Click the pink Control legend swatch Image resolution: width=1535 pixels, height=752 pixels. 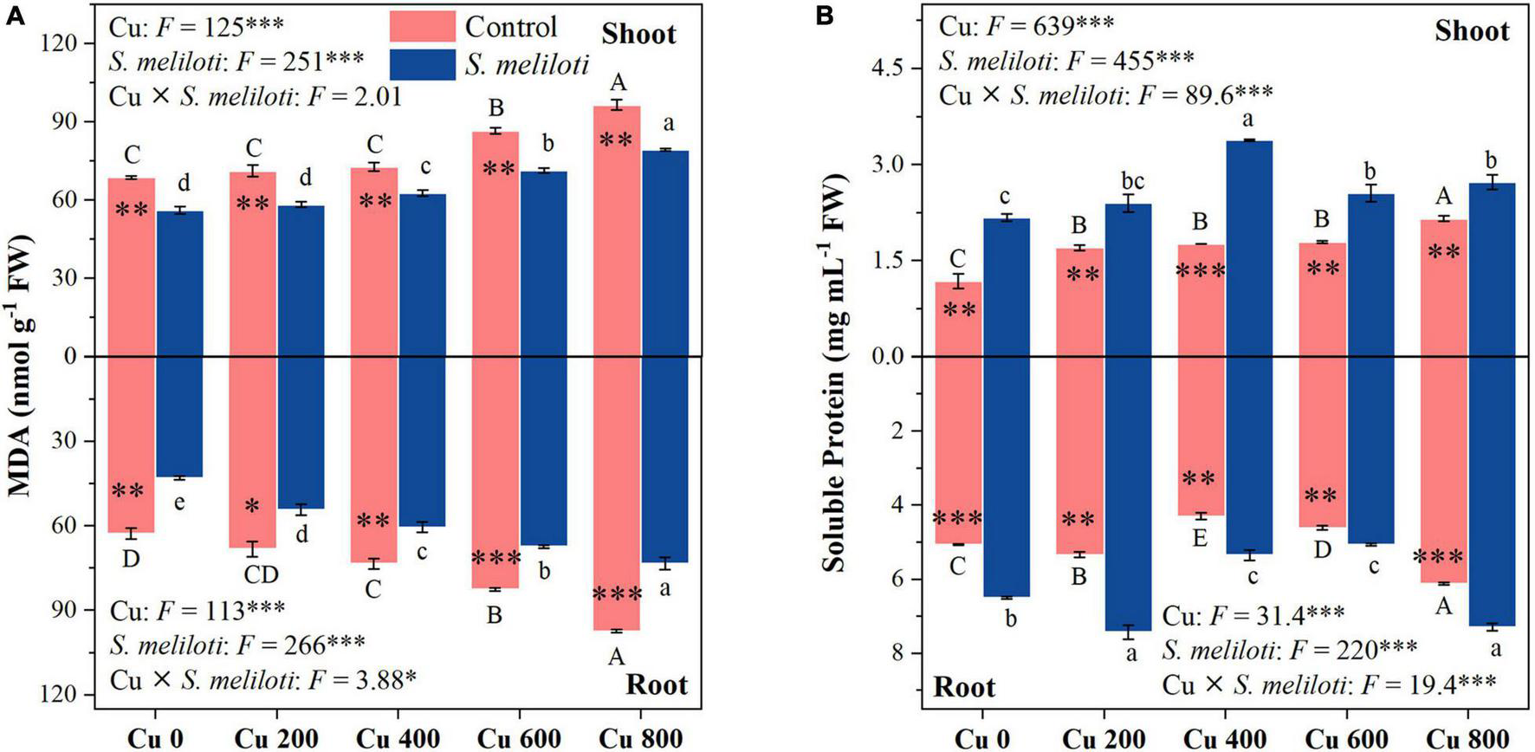tap(422, 27)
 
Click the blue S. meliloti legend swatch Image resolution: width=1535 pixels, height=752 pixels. tap(422, 64)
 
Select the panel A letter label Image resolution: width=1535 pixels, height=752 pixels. tap(13, 16)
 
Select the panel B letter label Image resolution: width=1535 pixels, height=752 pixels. tap(825, 16)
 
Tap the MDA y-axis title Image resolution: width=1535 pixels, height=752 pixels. tap(21, 364)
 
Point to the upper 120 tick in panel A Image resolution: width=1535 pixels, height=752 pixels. tap(67, 43)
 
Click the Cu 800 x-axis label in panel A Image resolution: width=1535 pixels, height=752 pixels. tap(641, 739)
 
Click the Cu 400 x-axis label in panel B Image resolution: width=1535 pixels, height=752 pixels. tap(1226, 739)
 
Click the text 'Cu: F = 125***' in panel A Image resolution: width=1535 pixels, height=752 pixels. tap(197, 26)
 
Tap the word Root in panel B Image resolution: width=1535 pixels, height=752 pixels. tap(964, 688)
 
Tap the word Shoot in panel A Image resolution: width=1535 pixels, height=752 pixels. tap(638, 34)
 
